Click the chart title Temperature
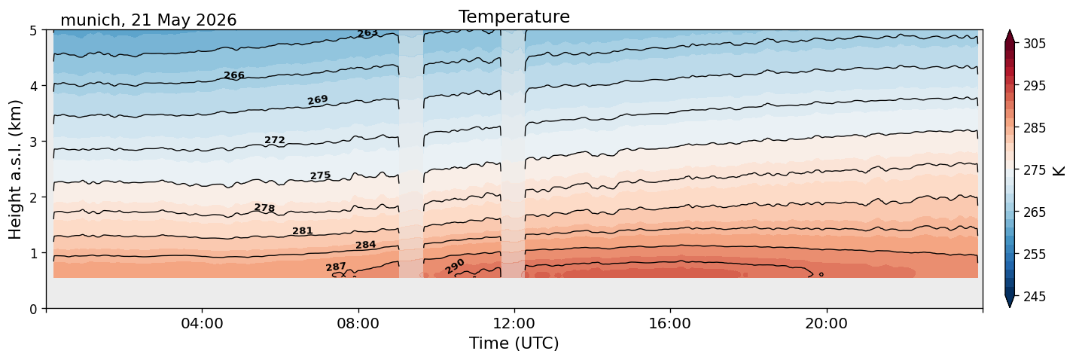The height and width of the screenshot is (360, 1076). coord(514,17)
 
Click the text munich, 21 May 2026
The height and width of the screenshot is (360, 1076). coord(148,20)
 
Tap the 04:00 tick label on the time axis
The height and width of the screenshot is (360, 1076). coord(202,323)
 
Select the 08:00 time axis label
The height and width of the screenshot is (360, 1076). coord(358,323)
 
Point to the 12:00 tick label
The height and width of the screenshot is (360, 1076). coord(514,323)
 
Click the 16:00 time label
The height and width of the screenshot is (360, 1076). coord(670,323)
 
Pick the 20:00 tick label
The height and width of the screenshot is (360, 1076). coord(826,323)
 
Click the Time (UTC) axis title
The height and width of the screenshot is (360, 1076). coord(514,343)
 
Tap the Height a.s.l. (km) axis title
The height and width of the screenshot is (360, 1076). coord(15,169)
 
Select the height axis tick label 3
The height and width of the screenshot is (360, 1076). coord(33,142)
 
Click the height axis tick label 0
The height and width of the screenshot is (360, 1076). coord(33,309)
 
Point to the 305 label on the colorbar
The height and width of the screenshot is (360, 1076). coord(1034,44)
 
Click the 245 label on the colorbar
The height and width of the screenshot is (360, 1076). coord(1034,297)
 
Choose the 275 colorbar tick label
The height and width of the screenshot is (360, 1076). coord(1034,171)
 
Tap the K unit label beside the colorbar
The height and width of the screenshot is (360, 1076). coord(1058,171)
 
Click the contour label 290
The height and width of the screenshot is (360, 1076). coord(454,267)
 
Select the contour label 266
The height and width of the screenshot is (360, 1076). coord(234,75)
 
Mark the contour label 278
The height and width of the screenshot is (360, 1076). coord(265,208)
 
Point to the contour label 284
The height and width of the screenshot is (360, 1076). coord(365,245)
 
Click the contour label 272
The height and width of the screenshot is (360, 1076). coord(275,140)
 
